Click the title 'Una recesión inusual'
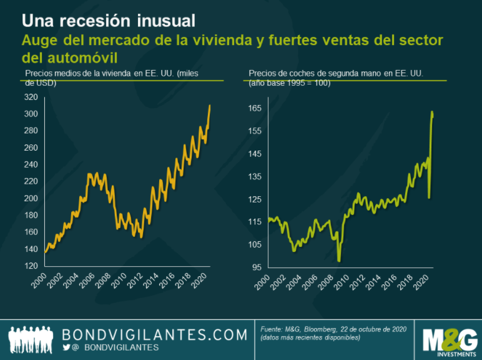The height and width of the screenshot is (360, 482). click(x=109, y=20)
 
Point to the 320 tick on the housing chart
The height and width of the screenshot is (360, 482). click(x=30, y=97)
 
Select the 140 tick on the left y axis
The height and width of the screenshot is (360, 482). click(x=30, y=249)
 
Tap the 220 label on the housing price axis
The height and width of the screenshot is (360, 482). click(x=30, y=181)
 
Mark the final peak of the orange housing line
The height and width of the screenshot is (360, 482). click(x=210, y=105)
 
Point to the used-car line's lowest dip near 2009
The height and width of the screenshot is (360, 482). click(x=339, y=261)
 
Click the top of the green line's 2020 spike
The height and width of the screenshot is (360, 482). click(x=432, y=112)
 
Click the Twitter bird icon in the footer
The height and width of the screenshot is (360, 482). click(x=66, y=347)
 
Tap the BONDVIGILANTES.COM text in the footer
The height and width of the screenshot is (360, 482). click(x=155, y=334)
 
